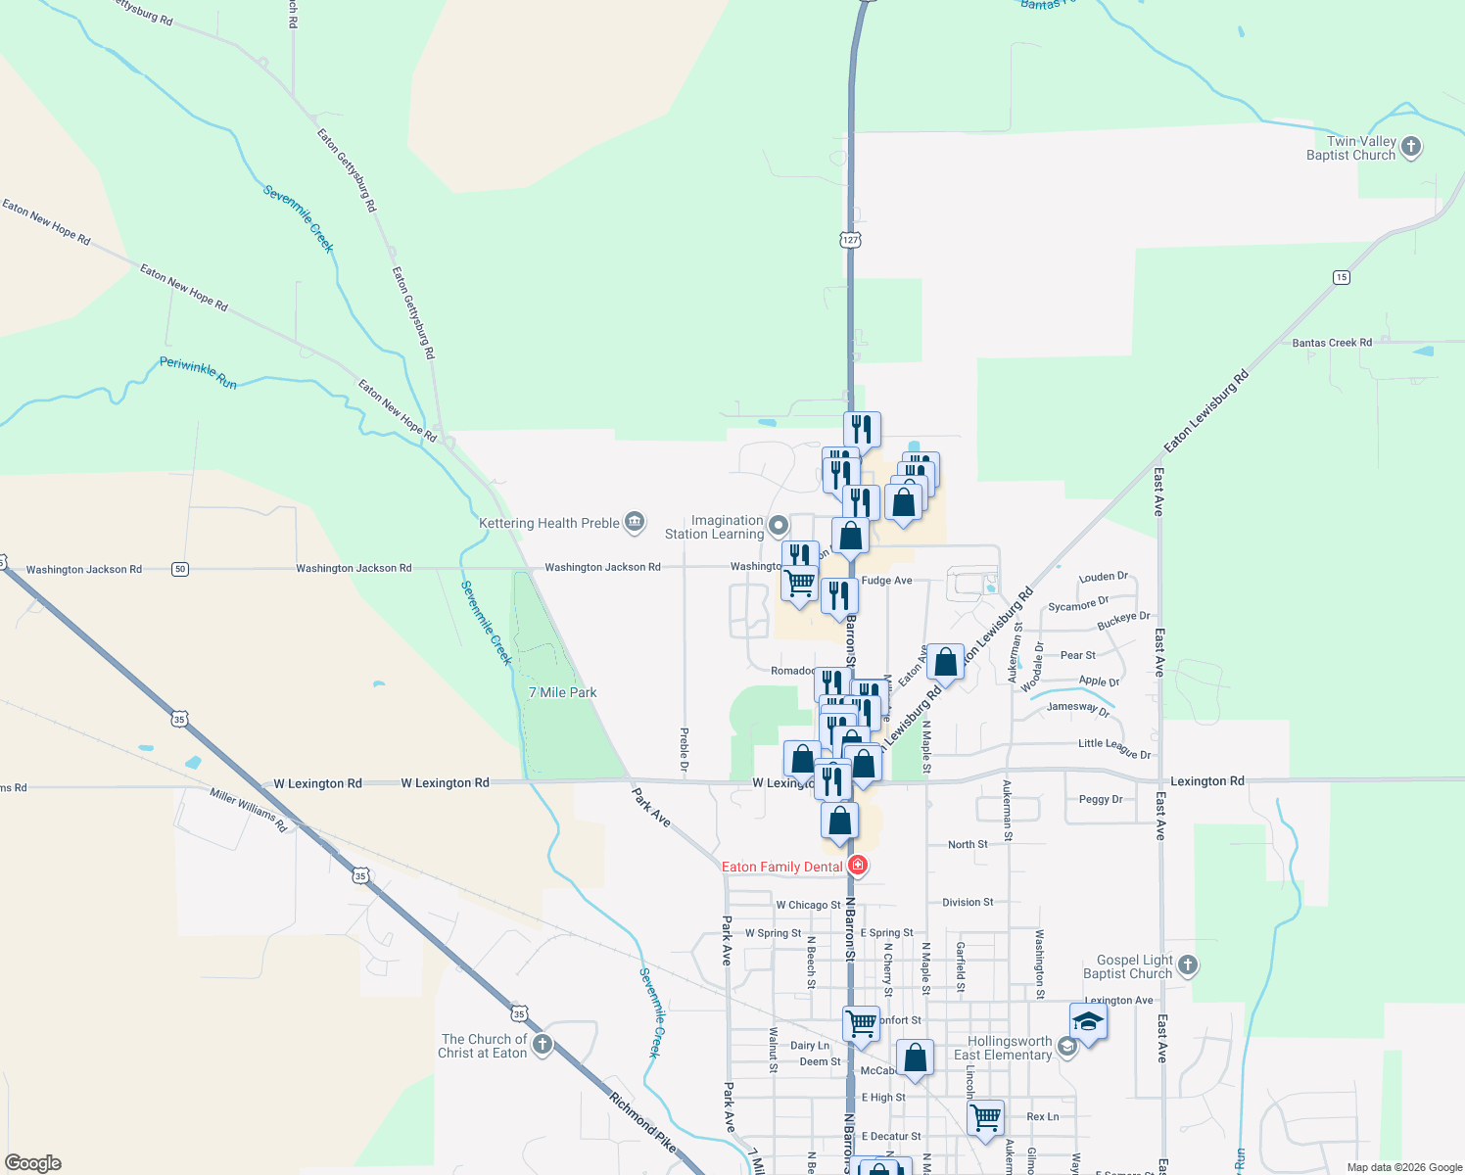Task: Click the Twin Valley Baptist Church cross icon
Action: [x=1410, y=148]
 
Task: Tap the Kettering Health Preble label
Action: [x=548, y=523]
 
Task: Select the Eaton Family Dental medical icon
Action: [x=858, y=866]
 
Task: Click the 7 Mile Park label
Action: [x=562, y=692]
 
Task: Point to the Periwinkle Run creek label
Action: [x=198, y=372]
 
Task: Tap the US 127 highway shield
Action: [x=849, y=239]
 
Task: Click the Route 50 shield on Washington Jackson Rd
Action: [x=180, y=569]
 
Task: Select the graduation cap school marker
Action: [x=1088, y=1022]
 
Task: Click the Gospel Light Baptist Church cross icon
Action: [x=1187, y=965]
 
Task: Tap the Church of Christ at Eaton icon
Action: [x=542, y=1045]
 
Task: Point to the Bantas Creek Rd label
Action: [x=1331, y=343]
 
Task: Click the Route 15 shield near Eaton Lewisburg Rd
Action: [x=1341, y=277]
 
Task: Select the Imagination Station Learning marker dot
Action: [x=779, y=526]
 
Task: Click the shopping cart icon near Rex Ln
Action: [x=985, y=1116]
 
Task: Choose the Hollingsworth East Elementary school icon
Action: [x=1066, y=1047]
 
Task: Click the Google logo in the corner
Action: [x=32, y=1163]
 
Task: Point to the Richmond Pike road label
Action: [x=642, y=1121]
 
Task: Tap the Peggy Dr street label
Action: [x=1101, y=799]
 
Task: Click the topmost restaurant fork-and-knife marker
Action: [x=862, y=429]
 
